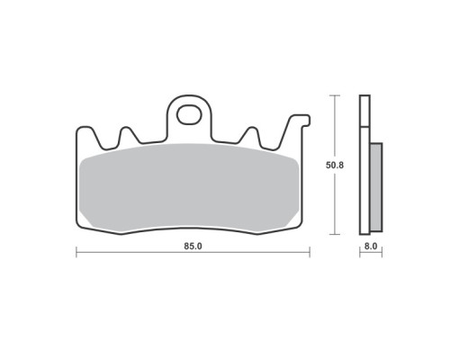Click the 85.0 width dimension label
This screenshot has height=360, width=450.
[193, 247]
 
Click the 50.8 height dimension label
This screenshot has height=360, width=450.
[335, 166]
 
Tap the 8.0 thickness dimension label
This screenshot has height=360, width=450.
[371, 247]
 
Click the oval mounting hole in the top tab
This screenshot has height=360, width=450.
[189, 114]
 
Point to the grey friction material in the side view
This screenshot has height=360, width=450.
[376, 187]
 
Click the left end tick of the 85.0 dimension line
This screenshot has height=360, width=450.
[76, 252]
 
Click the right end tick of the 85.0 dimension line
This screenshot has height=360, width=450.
[310, 252]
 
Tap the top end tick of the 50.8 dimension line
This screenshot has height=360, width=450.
[335, 95]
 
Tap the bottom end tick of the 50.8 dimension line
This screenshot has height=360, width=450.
[335, 234]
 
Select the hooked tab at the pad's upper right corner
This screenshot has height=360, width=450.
[300, 120]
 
